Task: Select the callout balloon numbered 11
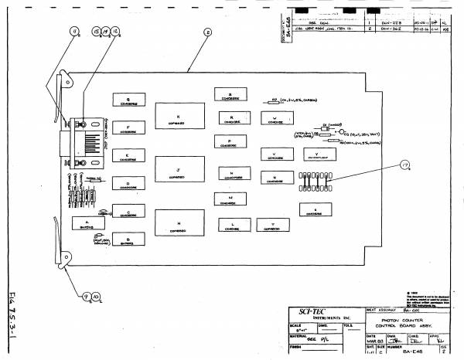pyautogui.click(x=74, y=31)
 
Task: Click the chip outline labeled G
pyautogui.click(x=128, y=101)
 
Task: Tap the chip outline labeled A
pyautogui.click(x=86, y=223)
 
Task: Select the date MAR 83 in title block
pyautogui.click(x=373, y=340)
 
